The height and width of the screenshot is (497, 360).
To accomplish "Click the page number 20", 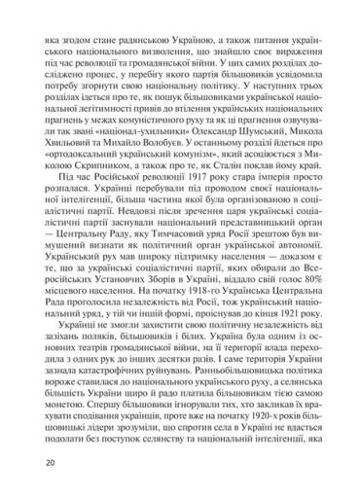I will click(21, 478).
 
